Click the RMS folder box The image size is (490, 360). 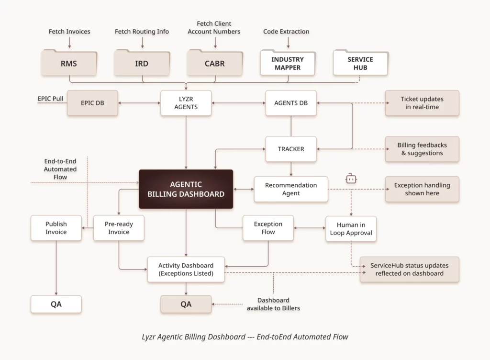(68, 64)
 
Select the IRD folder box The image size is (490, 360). (142, 64)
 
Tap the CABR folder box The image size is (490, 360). (214, 64)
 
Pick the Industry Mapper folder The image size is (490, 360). (287, 64)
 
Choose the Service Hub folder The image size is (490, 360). (360, 64)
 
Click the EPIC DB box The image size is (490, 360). (92, 103)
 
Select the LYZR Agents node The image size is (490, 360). (186, 103)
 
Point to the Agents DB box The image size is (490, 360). (291, 103)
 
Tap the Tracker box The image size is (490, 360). (291, 149)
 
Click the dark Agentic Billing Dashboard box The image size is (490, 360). (186, 189)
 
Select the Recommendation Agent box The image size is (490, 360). (291, 189)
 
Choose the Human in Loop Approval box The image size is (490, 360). (351, 228)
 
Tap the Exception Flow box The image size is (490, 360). (268, 228)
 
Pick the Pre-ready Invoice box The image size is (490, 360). (119, 228)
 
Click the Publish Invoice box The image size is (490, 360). (56, 228)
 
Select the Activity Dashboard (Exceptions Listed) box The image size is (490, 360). (186, 270)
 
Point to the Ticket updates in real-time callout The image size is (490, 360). (422, 103)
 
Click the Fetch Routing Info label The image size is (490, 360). (142, 32)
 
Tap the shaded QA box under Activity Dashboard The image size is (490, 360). (186, 304)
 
